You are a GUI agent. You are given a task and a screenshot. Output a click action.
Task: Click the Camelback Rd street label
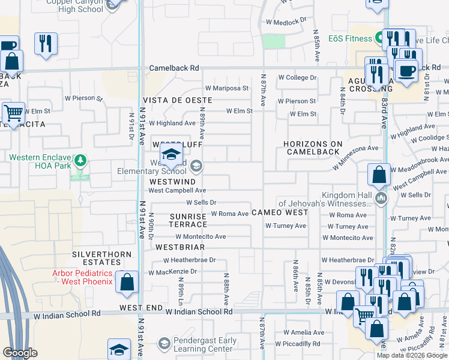tap(174, 68)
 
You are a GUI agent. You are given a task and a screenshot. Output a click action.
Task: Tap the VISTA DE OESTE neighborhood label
tap(177, 100)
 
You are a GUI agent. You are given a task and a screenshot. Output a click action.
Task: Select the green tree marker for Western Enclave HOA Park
tap(79, 161)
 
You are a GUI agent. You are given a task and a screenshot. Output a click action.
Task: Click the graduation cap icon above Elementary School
tap(171, 155)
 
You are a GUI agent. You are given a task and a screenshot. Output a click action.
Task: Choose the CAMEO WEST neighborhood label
tap(280, 212)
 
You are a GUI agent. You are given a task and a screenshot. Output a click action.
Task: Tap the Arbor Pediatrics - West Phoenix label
tap(83, 277)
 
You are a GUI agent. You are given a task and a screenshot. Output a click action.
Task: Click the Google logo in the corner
tap(20, 353)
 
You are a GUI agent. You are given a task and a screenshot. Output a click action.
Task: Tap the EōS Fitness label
tap(350, 39)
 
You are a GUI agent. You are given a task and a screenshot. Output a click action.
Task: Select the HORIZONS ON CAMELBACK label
tap(314, 148)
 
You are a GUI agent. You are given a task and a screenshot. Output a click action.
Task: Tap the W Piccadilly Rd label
tap(298, 344)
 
